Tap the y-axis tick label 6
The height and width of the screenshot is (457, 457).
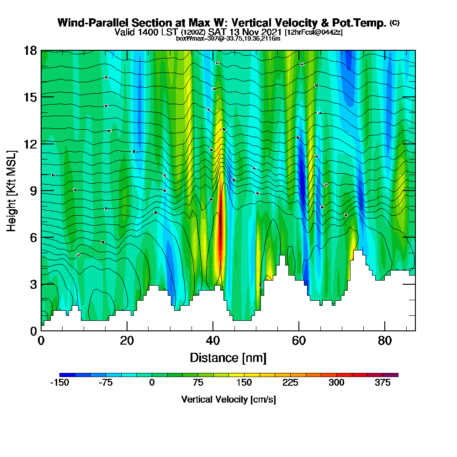tap(33, 237)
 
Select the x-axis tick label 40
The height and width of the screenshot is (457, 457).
tap(213, 340)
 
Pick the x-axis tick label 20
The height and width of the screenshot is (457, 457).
tap(127, 340)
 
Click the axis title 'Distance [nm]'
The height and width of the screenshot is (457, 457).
tap(228, 357)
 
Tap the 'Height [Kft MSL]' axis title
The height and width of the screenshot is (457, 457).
tap(11, 191)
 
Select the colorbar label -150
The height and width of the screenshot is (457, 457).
tap(59, 383)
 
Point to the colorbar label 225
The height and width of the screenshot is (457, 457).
tap(291, 383)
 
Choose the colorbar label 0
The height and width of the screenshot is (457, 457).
tap(152, 383)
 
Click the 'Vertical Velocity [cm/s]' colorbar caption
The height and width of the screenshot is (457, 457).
tap(228, 399)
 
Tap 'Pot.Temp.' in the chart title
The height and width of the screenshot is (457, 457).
tap(363, 23)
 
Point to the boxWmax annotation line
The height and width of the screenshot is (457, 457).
tap(228, 39)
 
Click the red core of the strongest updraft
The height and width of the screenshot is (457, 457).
tap(221, 238)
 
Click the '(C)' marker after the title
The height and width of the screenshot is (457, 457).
tap(394, 23)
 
